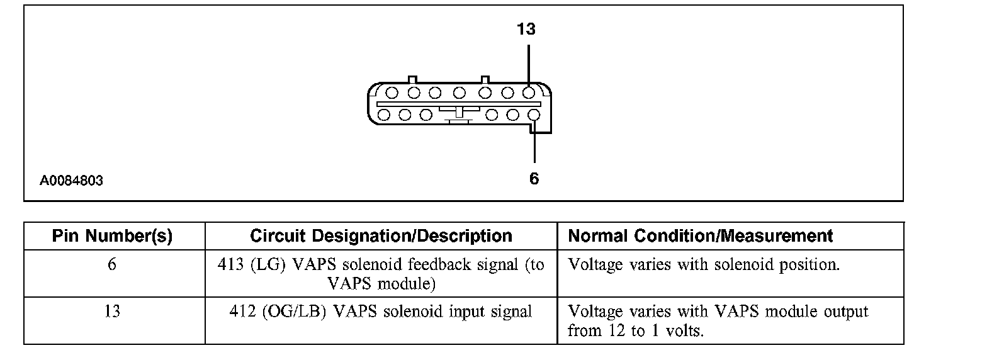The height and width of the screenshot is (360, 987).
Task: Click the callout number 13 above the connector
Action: (x=526, y=29)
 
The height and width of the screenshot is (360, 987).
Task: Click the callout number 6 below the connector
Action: (x=534, y=179)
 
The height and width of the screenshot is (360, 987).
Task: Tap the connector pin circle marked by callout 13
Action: (x=529, y=93)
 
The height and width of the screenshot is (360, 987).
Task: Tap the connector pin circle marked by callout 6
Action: (x=534, y=115)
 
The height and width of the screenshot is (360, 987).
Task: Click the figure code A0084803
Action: (x=71, y=181)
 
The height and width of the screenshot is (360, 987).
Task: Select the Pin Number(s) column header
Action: (x=112, y=236)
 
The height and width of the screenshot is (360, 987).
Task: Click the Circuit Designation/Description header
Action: (x=381, y=236)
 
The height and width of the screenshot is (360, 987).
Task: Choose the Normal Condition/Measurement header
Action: (x=700, y=236)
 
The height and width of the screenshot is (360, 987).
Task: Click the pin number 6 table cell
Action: (x=112, y=264)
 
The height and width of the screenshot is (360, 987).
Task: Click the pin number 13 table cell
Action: (x=112, y=311)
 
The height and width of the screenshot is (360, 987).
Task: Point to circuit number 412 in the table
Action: (x=242, y=312)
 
